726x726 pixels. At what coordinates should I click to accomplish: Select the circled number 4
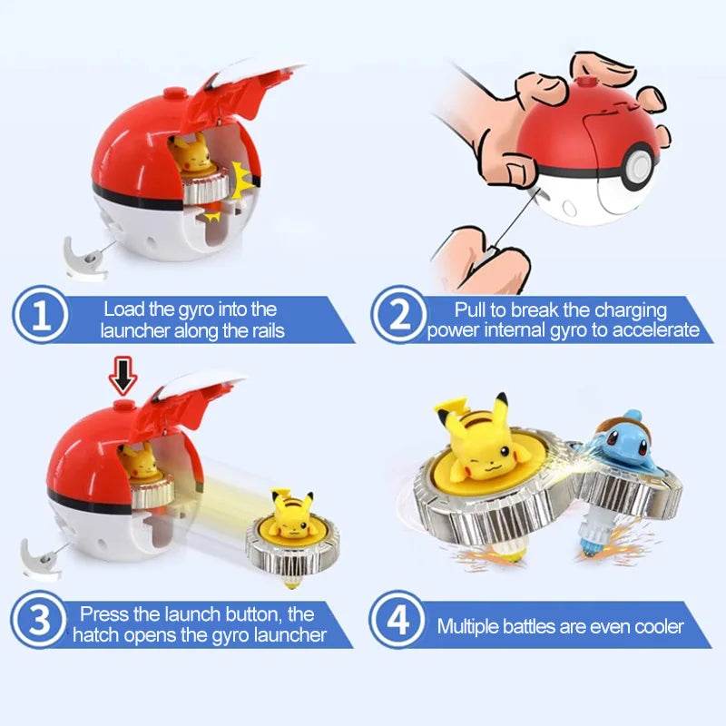397,623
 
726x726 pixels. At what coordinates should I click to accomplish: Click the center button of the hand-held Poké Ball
641,168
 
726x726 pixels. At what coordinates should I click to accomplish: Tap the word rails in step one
263,330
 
